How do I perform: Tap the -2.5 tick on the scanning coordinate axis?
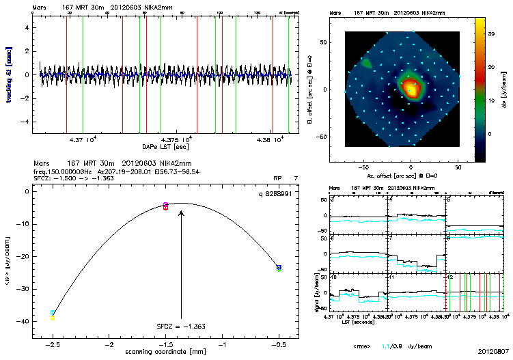[53, 346]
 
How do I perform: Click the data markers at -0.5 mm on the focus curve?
[279, 268]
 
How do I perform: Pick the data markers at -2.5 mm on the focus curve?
[53, 315]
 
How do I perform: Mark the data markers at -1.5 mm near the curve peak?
[166, 206]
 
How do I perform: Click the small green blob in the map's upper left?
[367, 63]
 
